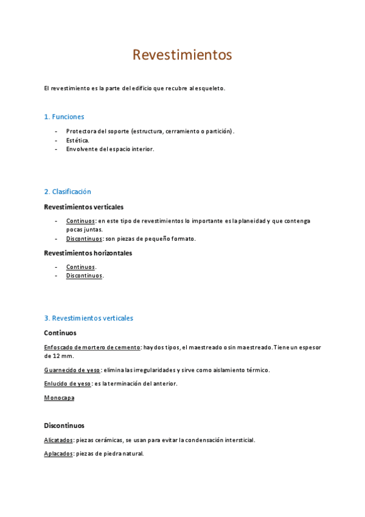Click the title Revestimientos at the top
coord(182,55)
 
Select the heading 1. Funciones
coord(64,116)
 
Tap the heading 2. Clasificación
coord(68,191)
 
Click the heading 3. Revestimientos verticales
coord(89,318)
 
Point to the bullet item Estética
coord(78,140)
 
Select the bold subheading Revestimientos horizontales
coord(88,253)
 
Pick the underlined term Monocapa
coord(59,398)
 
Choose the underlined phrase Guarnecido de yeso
coord(72,369)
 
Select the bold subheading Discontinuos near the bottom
coord(64,426)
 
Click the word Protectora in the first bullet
coord(82,131)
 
